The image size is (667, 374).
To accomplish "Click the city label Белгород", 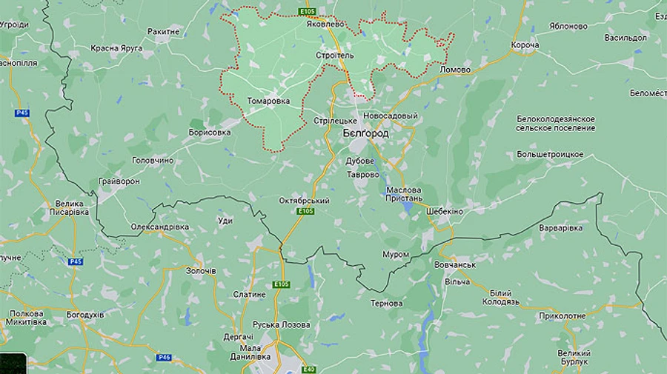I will click(x=365, y=133).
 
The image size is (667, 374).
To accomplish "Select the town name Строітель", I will click(x=335, y=56).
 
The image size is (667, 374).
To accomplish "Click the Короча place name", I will click(x=525, y=45).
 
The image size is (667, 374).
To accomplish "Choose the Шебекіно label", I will click(x=445, y=211).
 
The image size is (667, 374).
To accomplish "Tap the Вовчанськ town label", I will click(x=454, y=264).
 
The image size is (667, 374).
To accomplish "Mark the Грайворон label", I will click(x=119, y=181).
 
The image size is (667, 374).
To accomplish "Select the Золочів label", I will click(x=200, y=271).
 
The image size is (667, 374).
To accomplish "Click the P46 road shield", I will click(x=164, y=357).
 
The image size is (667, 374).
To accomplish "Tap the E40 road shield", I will click(x=309, y=369).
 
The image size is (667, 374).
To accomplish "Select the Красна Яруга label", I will click(x=116, y=48).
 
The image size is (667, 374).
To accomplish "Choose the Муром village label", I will click(x=396, y=254).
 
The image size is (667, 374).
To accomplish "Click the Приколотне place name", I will click(x=562, y=316).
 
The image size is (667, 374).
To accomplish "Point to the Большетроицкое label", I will click(x=550, y=155).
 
